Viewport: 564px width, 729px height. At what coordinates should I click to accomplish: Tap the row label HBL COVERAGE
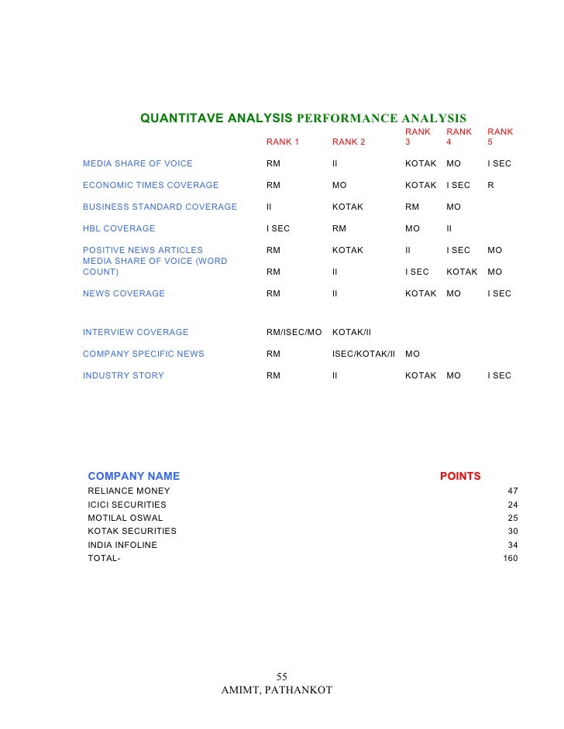pyautogui.click(x=119, y=228)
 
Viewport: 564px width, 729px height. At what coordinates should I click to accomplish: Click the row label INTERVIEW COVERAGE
pyautogui.click(x=136, y=332)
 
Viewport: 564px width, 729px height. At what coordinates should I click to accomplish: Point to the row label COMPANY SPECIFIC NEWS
pyautogui.click(x=143, y=354)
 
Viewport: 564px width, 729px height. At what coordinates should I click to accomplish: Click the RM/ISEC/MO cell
pyautogui.click(x=294, y=332)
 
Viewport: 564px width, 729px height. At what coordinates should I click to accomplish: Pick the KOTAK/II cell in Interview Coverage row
pyautogui.click(x=352, y=332)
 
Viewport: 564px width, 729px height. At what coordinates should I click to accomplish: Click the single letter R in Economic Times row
pyautogui.click(x=490, y=185)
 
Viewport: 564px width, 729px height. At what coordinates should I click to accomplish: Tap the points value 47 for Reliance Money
pyautogui.click(x=512, y=491)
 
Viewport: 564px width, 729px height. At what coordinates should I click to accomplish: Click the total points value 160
pyautogui.click(x=511, y=558)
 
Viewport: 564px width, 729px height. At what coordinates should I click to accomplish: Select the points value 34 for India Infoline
pyautogui.click(x=512, y=545)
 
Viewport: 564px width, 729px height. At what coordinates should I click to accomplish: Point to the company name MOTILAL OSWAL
pyautogui.click(x=126, y=518)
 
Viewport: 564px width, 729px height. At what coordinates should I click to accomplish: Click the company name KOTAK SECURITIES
pyautogui.click(x=132, y=531)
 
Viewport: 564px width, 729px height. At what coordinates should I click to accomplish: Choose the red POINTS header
pyautogui.click(x=460, y=476)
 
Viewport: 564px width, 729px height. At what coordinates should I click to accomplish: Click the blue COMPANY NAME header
pyautogui.click(x=133, y=476)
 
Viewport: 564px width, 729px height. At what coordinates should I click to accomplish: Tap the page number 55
pyautogui.click(x=282, y=676)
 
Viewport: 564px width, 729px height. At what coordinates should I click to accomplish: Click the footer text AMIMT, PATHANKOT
pyautogui.click(x=277, y=690)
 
